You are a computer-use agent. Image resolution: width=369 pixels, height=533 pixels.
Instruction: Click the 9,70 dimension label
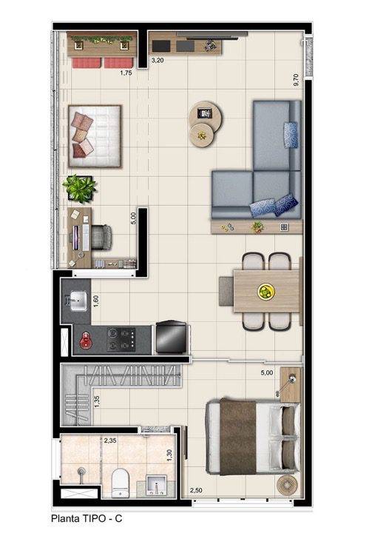pos(296,79)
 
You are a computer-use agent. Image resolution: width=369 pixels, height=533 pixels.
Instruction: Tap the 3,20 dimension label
pos(158,61)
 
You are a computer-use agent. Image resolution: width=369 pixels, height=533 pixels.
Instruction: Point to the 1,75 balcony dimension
pos(126,73)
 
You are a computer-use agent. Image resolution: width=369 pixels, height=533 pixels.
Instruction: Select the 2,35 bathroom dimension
pos(110,440)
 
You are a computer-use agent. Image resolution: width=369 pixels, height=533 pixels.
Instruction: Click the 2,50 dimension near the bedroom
pos(196,490)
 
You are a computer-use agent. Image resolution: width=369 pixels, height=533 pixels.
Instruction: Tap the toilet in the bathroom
pos(121,483)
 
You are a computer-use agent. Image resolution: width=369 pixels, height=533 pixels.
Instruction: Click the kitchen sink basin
pos(78,301)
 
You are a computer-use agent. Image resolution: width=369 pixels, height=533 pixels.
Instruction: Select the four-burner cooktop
pos(121,339)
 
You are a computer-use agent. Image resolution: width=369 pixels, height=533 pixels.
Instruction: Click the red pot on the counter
pos(87,341)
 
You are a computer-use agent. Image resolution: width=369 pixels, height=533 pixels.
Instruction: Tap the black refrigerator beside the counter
pos(171,338)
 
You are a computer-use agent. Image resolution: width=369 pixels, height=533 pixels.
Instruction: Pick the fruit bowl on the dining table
pos(266,292)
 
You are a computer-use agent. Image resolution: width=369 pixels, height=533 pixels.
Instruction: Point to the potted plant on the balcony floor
pos(79,189)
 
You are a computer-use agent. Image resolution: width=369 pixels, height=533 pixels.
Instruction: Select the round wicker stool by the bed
pos(287,486)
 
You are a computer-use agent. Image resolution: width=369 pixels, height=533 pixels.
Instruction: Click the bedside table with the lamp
pos(291,385)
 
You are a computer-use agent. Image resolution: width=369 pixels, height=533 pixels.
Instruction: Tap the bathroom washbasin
pos(157,485)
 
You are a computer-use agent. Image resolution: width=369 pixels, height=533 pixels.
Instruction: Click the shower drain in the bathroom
pos(81,471)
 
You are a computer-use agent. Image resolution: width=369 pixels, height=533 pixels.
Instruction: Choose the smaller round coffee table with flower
pos(203,135)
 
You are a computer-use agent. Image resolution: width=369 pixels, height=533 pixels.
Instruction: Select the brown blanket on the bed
pos(238,437)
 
